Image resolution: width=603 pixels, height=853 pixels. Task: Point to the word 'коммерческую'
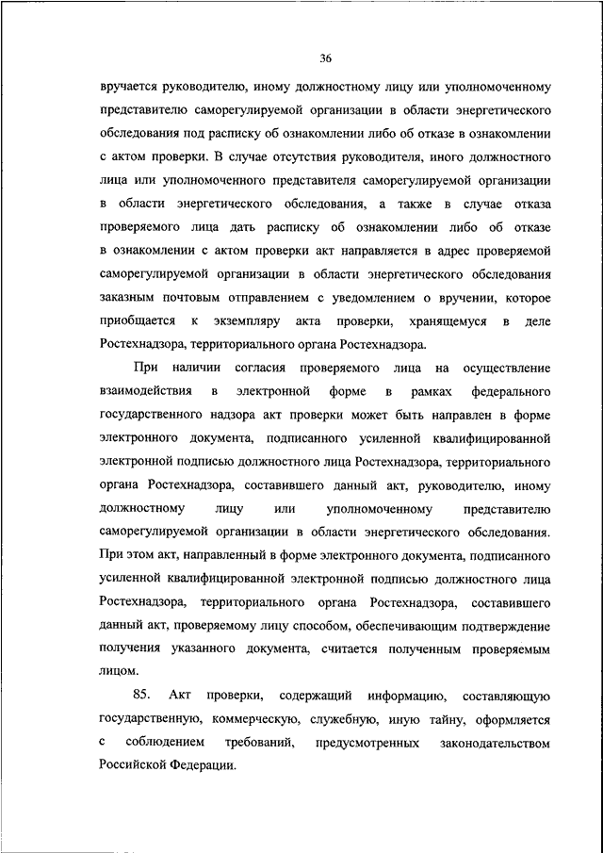pos(253,718)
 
